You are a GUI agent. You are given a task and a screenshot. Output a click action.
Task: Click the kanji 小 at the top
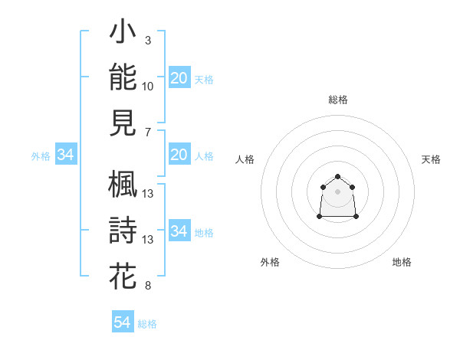[x=123, y=31]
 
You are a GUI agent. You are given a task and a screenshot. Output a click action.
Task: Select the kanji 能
[x=123, y=77]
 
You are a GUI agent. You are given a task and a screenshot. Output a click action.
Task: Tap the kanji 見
[x=123, y=123]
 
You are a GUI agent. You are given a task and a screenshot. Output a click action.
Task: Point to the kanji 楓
[x=123, y=184]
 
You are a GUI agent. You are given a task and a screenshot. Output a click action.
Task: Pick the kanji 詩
[x=123, y=230]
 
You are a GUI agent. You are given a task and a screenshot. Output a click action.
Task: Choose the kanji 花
[x=123, y=276]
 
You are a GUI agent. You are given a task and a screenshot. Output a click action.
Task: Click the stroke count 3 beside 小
[x=148, y=41]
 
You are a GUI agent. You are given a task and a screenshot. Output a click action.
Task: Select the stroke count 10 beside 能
[x=147, y=87]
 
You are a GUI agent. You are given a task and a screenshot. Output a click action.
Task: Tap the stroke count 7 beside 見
[x=148, y=133]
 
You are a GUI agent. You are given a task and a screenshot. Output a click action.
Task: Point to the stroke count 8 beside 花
[x=148, y=286]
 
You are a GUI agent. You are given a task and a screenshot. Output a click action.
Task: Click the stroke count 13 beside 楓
[x=147, y=194]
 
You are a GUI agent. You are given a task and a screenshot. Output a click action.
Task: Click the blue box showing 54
[x=123, y=321]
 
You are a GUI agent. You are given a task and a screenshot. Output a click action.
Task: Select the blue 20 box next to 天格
[x=179, y=77]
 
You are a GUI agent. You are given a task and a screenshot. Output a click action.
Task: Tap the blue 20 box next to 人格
[x=179, y=154]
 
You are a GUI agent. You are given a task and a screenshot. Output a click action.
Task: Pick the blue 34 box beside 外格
[x=66, y=154]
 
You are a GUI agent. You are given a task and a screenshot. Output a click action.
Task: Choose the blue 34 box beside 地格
[x=179, y=230]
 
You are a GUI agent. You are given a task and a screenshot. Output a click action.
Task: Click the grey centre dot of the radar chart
[x=337, y=191]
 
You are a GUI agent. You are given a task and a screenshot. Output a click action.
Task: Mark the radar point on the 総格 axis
[x=337, y=176]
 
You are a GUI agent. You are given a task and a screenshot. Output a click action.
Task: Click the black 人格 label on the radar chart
[x=245, y=159]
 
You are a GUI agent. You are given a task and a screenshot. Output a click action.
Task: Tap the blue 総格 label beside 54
[x=147, y=324]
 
